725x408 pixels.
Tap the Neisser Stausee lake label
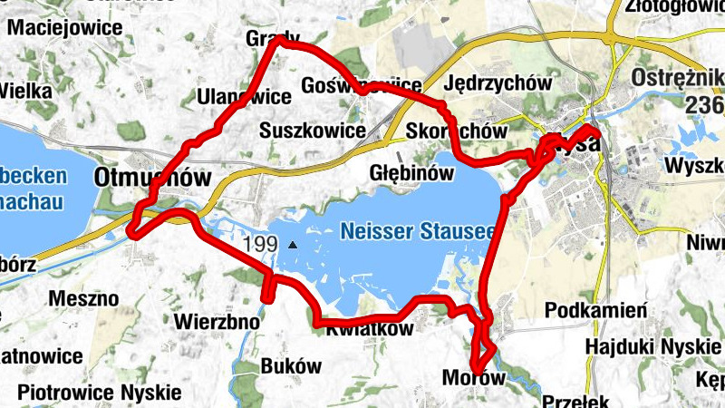(418, 231)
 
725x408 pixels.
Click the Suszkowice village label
(312, 131)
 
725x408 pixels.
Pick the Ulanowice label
(244, 97)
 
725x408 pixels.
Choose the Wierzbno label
(217, 321)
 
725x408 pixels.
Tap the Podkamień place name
(596, 311)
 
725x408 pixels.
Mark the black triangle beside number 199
(292, 246)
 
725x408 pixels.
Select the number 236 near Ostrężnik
(706, 105)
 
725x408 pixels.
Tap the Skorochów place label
(457, 131)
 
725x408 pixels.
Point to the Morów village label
(472, 377)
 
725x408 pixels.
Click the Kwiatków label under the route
(370, 329)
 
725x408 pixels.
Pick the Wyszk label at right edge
(694, 167)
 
